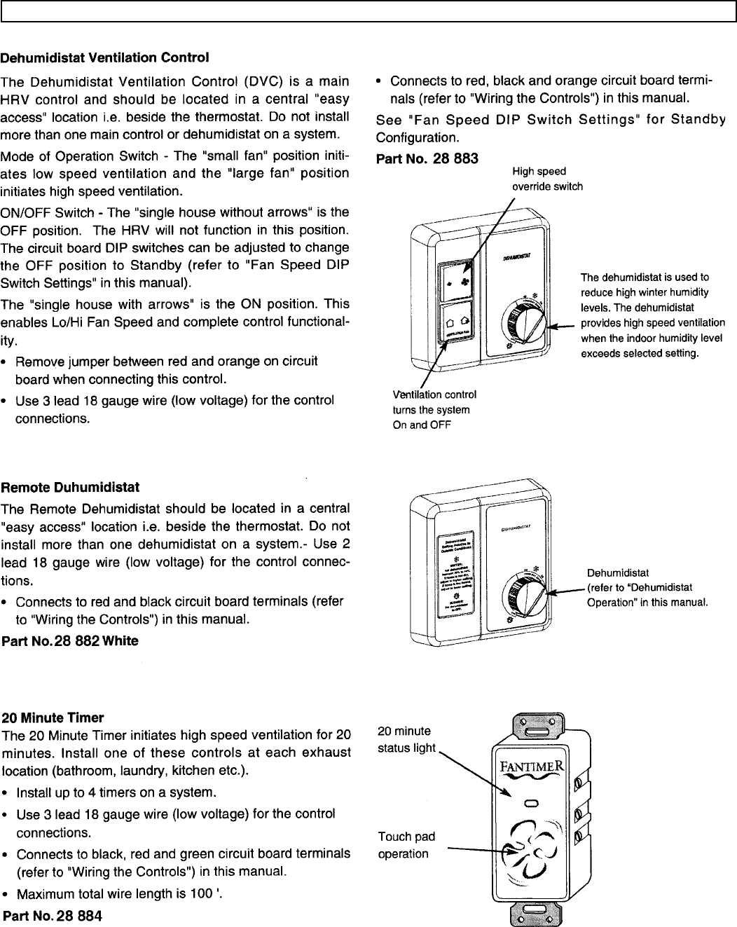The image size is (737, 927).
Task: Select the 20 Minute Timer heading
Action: coord(53,717)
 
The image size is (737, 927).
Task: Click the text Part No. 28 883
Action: coord(427,158)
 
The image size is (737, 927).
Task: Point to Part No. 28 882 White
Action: coord(71,640)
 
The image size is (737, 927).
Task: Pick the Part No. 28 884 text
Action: coord(53,916)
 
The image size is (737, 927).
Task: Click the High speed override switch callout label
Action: coord(547,179)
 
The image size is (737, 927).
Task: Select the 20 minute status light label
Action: coord(406,739)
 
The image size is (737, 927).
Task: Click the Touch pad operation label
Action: coord(406,845)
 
